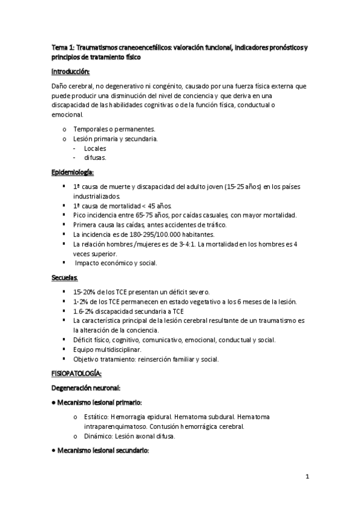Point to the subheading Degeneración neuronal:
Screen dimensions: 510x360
coord(90,388)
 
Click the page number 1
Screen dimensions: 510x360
coord(307,478)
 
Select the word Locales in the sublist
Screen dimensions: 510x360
coord(96,148)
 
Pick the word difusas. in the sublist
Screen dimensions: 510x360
coord(95,158)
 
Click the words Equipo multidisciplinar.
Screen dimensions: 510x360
coord(107,349)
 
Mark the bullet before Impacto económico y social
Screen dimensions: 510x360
coord(64,263)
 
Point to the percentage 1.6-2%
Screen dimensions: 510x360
coord(86,311)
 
